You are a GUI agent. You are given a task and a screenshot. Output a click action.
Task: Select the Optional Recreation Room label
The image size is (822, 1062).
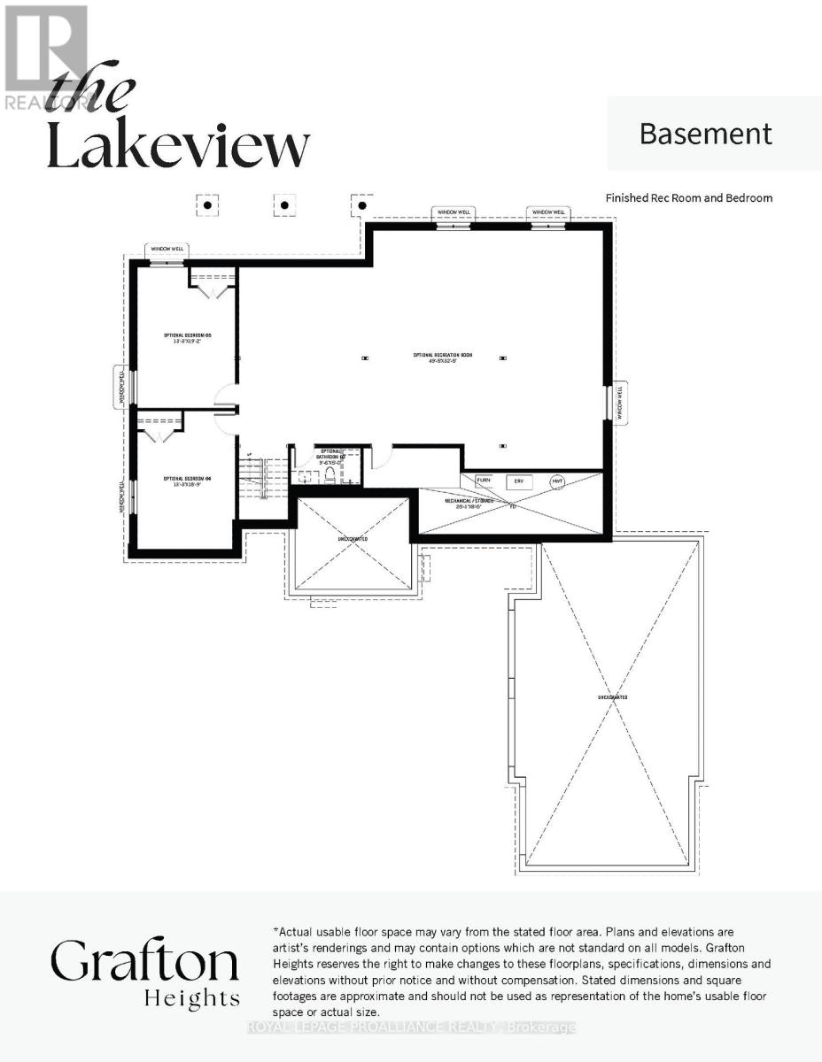coord(442,357)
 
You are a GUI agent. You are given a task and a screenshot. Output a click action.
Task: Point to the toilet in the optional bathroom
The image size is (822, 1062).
coord(329,476)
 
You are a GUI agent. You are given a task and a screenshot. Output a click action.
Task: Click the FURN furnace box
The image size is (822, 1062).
coord(484,482)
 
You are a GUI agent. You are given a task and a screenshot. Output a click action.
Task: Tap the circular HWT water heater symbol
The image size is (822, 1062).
coord(557,482)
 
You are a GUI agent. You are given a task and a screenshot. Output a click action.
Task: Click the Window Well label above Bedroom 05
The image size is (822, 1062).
coord(166,250)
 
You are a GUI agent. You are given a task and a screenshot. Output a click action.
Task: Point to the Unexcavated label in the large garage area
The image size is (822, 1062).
coord(612,697)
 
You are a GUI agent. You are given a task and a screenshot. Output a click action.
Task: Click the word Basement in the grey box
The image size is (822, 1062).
coord(706,134)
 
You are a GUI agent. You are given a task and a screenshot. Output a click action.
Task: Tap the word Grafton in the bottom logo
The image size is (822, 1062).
coord(144,963)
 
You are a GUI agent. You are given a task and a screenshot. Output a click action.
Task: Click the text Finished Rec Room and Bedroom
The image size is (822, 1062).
coord(688,198)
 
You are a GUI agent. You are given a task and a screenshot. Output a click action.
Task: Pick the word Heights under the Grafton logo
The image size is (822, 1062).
coord(192,998)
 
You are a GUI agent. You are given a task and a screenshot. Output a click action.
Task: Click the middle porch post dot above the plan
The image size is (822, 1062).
coord(284,205)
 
